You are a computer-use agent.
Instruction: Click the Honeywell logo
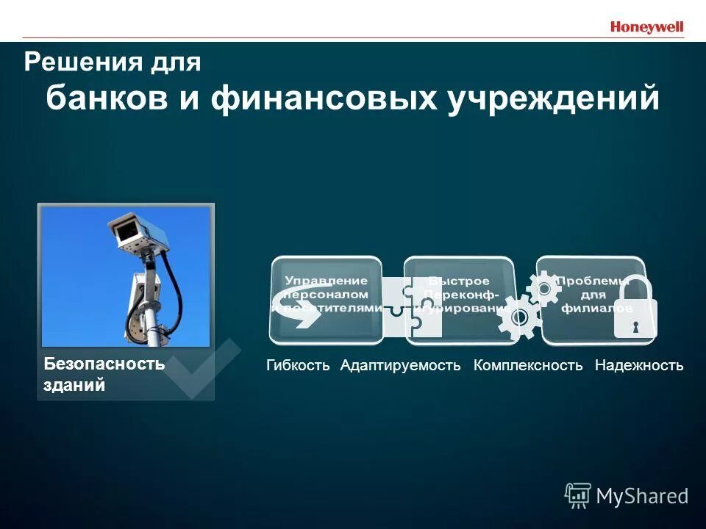[x=646, y=27]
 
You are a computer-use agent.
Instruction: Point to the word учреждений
[x=554, y=99]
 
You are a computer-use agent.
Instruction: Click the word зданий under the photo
[x=74, y=384]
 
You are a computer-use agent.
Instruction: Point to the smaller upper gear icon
[x=544, y=288]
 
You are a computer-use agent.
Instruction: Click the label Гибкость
[x=298, y=365]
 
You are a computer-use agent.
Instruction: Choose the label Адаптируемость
[x=400, y=365]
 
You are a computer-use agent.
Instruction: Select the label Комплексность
[x=528, y=365]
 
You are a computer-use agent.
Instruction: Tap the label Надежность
[x=639, y=365]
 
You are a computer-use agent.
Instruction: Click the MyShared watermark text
[x=641, y=496]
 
